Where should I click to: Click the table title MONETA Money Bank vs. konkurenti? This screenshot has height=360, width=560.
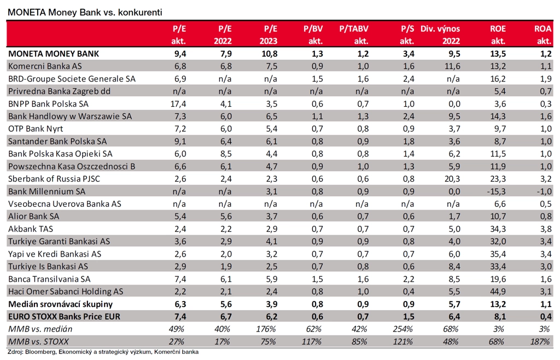click(85, 12)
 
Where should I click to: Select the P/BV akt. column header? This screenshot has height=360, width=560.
click(313, 34)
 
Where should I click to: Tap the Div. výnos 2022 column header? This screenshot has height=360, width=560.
click(440, 34)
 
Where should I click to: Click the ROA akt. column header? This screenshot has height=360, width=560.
click(543, 34)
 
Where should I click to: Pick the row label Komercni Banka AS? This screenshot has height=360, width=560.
click(45, 66)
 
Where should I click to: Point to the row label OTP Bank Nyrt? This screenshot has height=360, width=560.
click(36, 129)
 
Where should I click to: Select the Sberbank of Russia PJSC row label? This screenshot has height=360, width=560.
click(54, 178)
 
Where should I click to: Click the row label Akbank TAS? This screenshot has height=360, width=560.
click(31, 229)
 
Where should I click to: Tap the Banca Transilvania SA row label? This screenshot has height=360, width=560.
click(49, 279)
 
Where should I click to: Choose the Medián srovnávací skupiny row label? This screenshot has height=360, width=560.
click(60, 304)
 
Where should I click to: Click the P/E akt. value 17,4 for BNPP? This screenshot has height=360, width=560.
click(178, 104)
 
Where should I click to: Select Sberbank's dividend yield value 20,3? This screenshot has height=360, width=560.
click(452, 179)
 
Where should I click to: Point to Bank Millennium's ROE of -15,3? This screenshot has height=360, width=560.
click(497, 191)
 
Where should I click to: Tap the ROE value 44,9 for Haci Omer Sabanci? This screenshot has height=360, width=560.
click(498, 292)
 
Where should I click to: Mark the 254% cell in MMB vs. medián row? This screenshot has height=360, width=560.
click(403, 329)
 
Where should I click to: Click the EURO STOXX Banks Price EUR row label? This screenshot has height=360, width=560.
click(65, 316)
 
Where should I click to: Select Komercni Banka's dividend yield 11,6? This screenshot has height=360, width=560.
click(452, 66)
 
